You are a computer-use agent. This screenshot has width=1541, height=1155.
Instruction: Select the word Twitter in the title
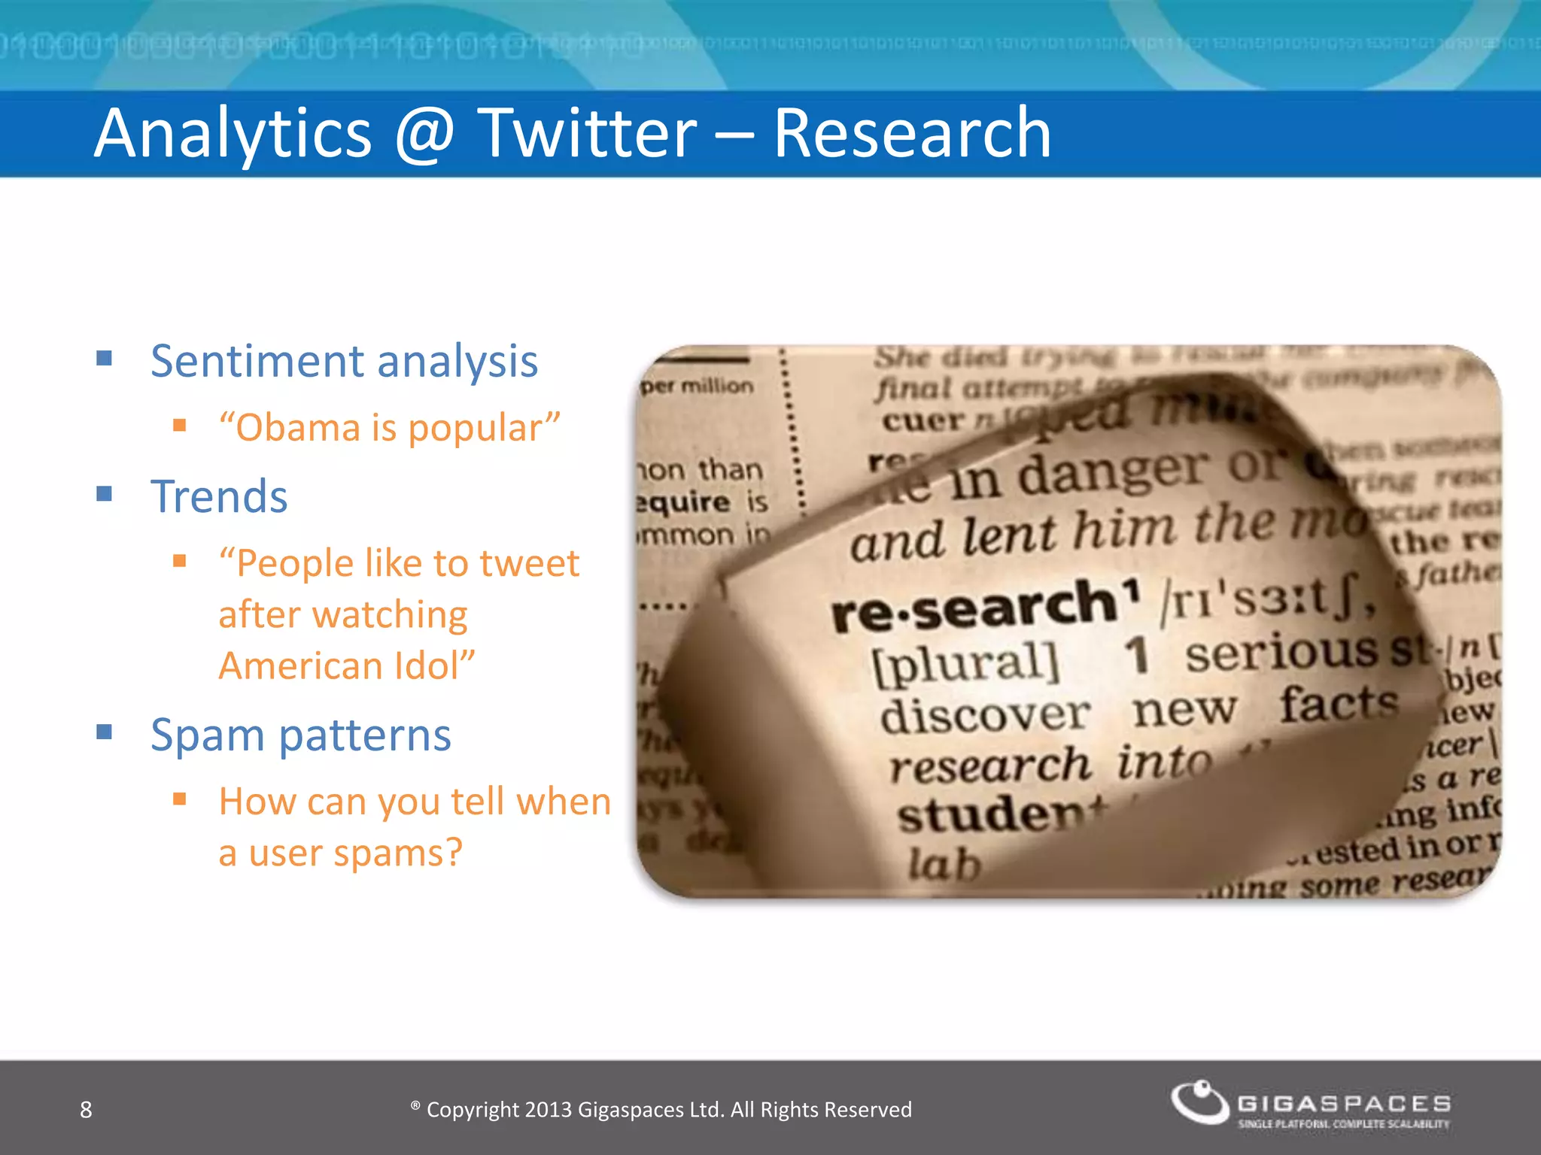coord(587,133)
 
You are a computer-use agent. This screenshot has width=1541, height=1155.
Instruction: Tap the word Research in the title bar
coord(912,133)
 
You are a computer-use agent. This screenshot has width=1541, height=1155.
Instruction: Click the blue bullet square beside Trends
coord(105,494)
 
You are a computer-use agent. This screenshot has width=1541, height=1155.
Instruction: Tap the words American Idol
coord(346,666)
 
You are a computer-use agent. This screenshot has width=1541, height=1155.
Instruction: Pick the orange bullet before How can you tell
coord(179,799)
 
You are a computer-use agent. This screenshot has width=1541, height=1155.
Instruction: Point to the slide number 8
coord(86,1109)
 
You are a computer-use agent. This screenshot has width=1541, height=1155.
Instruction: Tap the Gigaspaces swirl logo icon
coord(1200,1102)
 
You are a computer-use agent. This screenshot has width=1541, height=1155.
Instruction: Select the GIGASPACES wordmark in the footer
coord(1344,1103)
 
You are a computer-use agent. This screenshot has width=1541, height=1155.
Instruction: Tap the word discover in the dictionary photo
coord(984,714)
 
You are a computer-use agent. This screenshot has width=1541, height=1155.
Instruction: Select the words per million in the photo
coord(696,386)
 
